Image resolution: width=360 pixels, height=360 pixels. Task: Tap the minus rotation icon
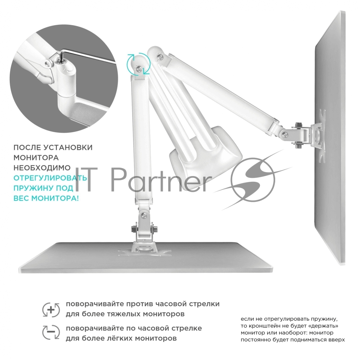tap(51, 332)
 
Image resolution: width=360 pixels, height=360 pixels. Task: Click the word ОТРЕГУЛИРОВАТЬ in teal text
tap(50, 178)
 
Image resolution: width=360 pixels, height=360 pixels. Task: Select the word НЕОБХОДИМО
tap(42, 168)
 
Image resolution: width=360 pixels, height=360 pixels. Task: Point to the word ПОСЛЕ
tap(27, 147)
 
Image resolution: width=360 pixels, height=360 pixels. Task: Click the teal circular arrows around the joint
tap(139, 64)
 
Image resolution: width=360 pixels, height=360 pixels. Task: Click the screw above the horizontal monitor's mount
tap(144, 215)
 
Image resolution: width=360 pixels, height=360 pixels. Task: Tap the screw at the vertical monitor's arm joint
tap(285, 135)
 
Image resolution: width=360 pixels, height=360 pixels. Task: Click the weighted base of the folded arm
tap(206, 152)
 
